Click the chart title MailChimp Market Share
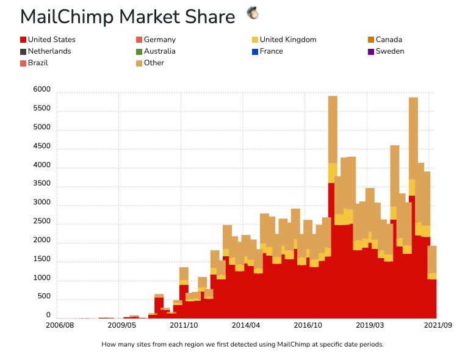tap(128, 17)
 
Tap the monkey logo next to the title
tap(252, 12)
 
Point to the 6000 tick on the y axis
tap(42, 90)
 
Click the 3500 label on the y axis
tap(42, 184)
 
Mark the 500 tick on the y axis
tap(44, 297)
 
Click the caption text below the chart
tap(242, 344)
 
